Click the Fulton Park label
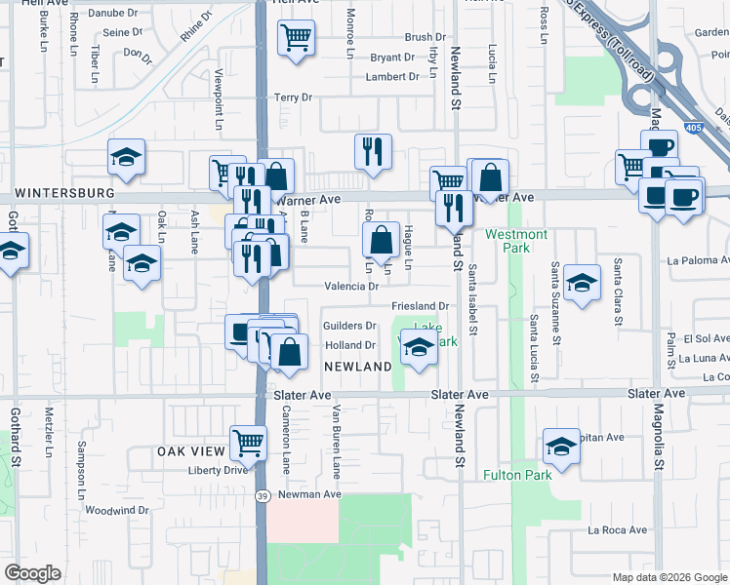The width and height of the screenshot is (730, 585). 517,475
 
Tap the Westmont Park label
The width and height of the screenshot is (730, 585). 516,241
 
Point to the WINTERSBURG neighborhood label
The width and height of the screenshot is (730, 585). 58,194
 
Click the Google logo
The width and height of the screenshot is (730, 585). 32,573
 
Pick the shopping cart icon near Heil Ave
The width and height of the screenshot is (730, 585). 295,40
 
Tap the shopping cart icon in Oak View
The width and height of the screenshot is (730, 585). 248,443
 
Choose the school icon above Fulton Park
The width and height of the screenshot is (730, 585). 561,446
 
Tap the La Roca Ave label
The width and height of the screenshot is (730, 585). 617,530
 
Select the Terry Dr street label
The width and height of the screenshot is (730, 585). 292,97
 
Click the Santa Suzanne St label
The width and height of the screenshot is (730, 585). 554,303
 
